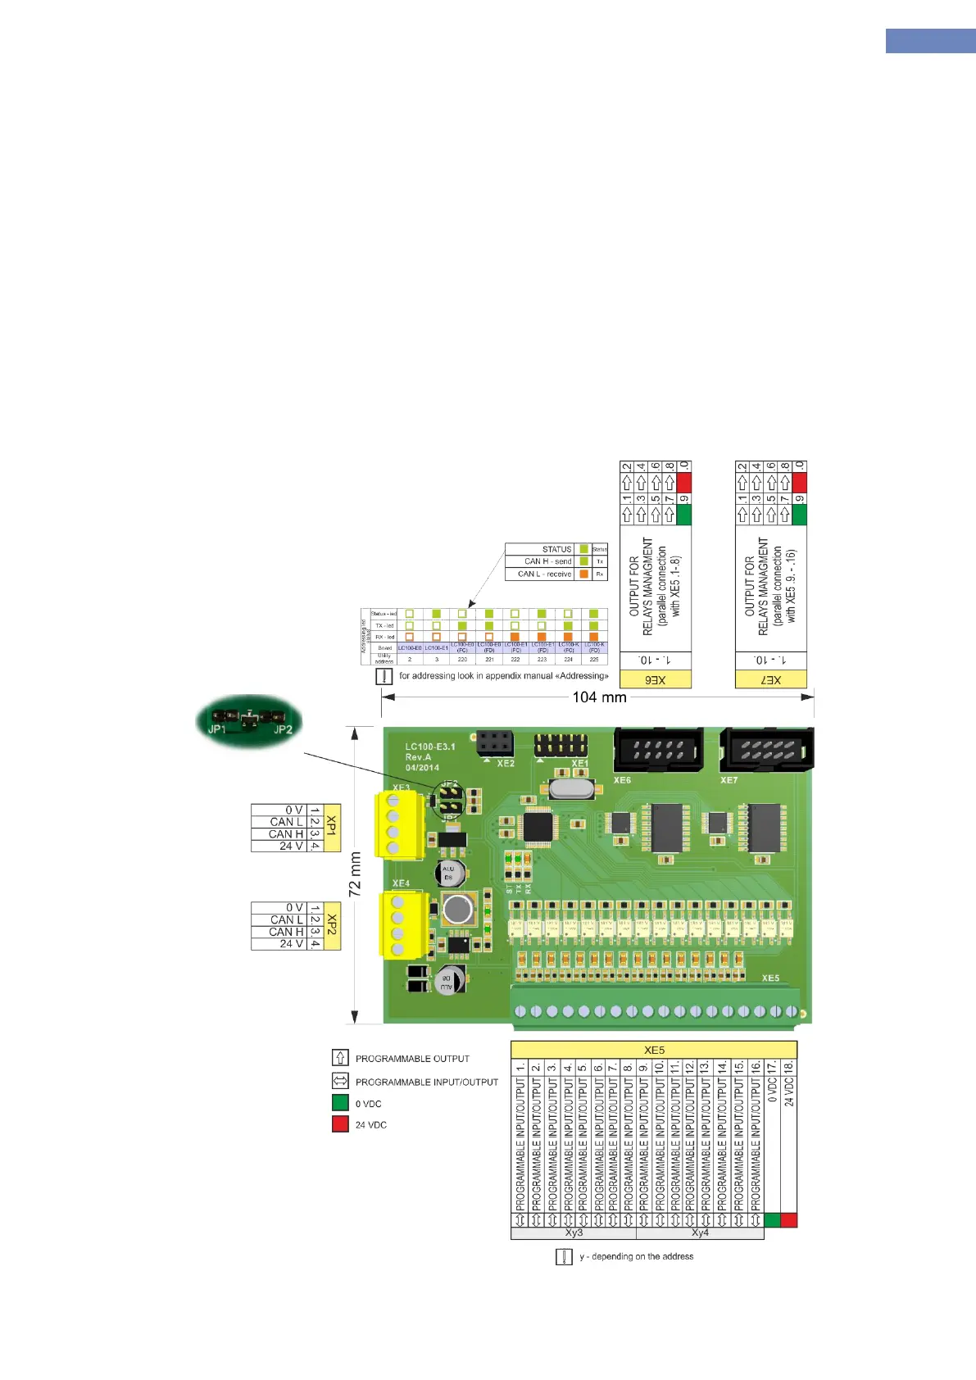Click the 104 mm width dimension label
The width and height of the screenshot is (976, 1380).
599,697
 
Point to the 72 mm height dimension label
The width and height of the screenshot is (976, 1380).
356,874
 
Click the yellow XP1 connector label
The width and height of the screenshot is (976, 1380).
332,828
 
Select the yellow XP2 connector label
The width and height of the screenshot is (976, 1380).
332,926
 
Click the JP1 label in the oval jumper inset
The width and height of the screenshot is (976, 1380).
217,729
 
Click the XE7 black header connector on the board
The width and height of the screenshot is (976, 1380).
766,750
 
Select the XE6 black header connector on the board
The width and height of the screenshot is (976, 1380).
658,750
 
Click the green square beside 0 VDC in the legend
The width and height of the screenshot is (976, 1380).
340,1103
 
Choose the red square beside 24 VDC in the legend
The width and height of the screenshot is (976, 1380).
340,1124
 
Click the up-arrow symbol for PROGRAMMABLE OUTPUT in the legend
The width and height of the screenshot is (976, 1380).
340,1058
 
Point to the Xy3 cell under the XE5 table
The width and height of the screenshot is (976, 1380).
574,1233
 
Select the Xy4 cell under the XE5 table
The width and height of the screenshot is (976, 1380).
700,1233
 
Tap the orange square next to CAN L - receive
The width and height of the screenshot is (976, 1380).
583,574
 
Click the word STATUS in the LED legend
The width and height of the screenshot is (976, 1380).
556,549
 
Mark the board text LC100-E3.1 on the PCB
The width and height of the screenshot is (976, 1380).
430,747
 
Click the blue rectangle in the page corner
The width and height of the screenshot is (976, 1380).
930,41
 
